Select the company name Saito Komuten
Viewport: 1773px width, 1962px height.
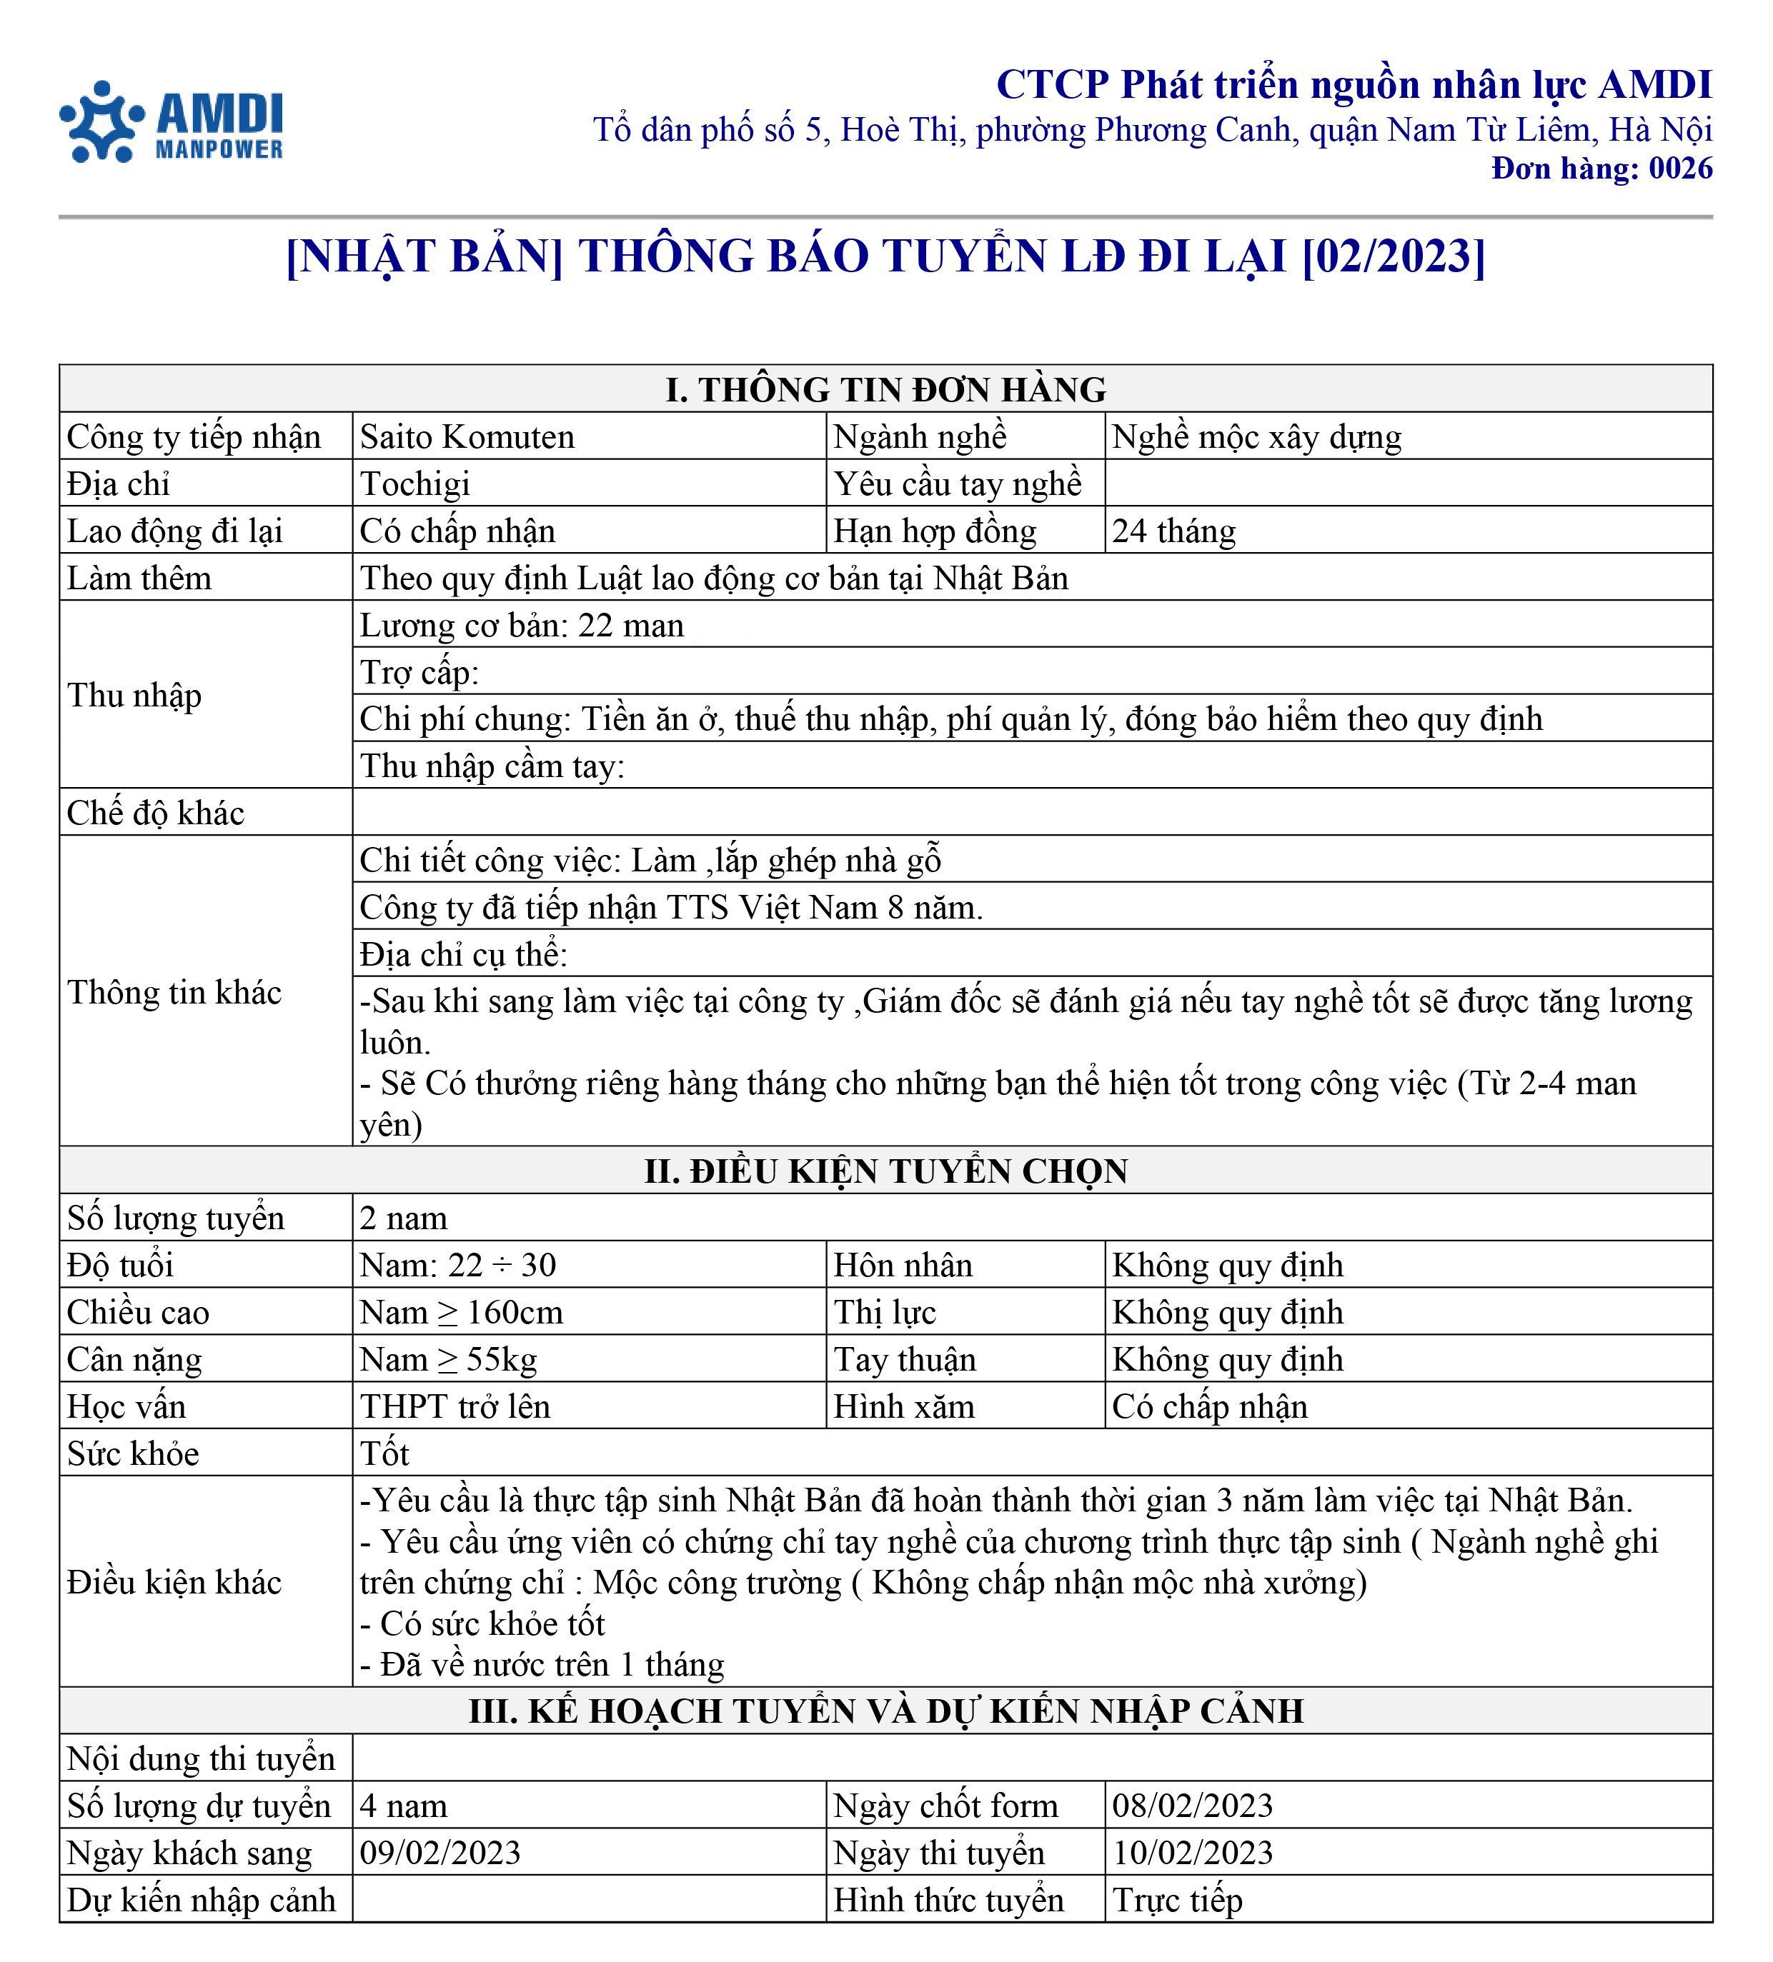point(467,437)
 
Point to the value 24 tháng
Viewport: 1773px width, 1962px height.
point(1173,531)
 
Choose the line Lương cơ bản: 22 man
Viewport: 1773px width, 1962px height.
point(521,625)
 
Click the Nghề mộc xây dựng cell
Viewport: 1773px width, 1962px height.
point(1256,437)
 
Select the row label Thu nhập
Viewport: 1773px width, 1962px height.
point(134,695)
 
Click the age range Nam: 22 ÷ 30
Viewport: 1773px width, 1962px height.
point(457,1265)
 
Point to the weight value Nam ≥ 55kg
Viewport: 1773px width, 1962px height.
point(448,1360)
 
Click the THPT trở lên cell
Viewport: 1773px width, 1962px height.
point(455,1406)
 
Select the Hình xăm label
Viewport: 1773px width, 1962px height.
point(903,1406)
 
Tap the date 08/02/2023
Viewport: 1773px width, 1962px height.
point(1192,1806)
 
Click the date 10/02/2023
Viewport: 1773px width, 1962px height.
point(1192,1853)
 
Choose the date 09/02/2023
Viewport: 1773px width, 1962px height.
point(440,1853)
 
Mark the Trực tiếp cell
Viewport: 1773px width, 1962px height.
point(1177,1901)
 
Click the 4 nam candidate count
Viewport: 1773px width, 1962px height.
point(403,1806)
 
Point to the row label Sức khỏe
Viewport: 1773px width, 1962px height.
point(132,1454)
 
